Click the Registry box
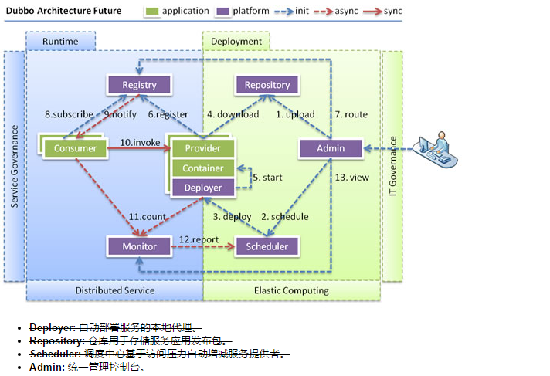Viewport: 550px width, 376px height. [x=139, y=85]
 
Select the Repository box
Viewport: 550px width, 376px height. [x=267, y=85]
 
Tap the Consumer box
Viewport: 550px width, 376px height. [x=75, y=148]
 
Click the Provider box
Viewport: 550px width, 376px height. [x=203, y=148]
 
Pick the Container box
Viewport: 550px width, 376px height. [x=203, y=168]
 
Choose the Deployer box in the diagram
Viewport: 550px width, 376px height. [x=203, y=188]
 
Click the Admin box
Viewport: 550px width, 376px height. [x=331, y=148]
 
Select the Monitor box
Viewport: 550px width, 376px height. [x=139, y=246]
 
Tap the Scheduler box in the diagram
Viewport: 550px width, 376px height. [x=267, y=246]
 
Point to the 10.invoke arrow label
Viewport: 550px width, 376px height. [x=141, y=143]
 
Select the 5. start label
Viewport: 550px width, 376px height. [x=268, y=178]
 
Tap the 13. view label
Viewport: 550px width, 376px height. [x=351, y=178]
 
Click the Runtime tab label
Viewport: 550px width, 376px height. [x=60, y=41]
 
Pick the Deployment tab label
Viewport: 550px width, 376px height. [x=236, y=41]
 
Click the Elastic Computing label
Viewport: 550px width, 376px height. [x=291, y=290]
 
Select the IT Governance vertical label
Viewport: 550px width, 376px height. [x=392, y=165]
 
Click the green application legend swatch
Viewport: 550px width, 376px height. [x=152, y=12]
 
